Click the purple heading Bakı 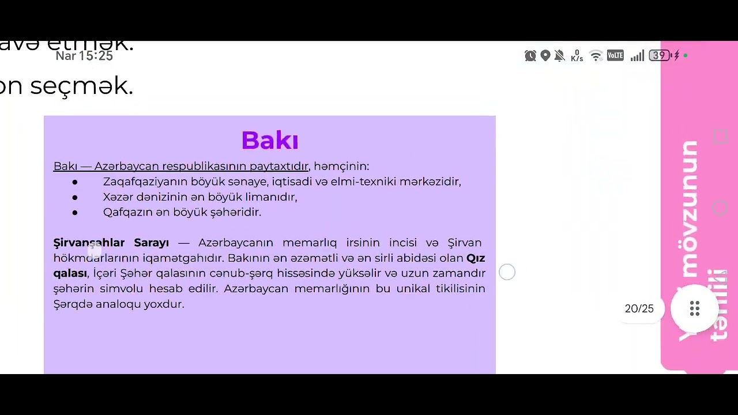[270, 141]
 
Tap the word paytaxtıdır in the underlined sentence [279, 167]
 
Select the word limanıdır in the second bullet [271, 197]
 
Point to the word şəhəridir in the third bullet [235, 212]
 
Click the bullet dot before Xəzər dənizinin [75, 197]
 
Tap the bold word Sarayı [151, 243]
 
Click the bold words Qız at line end [476, 258]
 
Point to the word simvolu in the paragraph [121, 289]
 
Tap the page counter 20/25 [639, 309]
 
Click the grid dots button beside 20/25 [695, 308]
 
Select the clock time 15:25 [96, 56]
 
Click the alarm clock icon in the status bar [530, 56]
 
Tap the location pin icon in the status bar [545, 56]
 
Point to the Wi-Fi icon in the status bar [596, 56]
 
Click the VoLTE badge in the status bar [615, 56]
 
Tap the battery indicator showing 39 [660, 56]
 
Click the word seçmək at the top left [81, 86]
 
